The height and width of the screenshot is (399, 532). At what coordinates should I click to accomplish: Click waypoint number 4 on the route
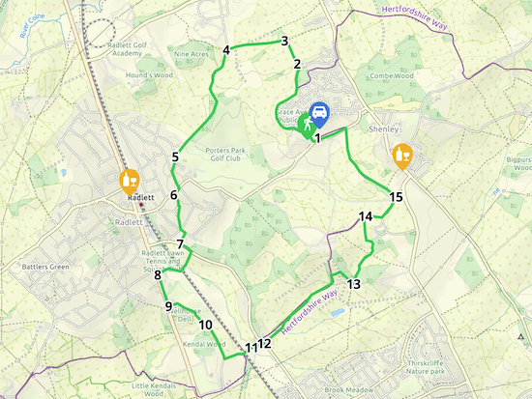pos(225,50)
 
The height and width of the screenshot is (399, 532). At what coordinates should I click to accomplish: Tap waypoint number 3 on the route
pos(284,41)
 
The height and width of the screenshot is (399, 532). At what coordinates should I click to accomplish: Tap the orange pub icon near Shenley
pos(403,155)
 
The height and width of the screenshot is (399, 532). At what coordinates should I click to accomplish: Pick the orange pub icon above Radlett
pos(129,181)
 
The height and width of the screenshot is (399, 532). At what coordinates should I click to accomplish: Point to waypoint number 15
pos(396,197)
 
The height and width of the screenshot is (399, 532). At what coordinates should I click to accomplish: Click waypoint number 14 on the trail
pos(365,216)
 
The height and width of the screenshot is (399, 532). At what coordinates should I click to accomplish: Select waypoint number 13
pos(353,284)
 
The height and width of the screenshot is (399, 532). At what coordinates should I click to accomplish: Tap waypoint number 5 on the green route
pos(175,157)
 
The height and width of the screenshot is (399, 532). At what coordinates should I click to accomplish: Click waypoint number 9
pos(168,306)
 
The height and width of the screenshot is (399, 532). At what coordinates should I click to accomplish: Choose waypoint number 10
pos(205,325)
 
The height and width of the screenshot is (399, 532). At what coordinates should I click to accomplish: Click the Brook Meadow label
pos(348,389)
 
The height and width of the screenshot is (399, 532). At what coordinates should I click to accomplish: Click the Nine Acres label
pos(191,54)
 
